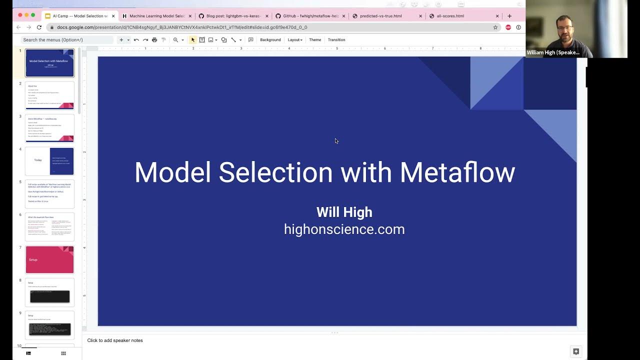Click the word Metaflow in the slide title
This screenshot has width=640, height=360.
click(457, 172)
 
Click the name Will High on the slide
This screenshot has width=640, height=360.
click(344, 212)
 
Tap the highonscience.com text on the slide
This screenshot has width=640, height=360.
click(344, 229)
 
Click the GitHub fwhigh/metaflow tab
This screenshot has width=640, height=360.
click(310, 16)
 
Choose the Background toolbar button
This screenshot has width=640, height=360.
click(270, 40)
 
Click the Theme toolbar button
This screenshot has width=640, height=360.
click(315, 40)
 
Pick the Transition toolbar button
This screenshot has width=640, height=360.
click(336, 40)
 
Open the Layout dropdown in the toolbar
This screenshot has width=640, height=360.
click(295, 40)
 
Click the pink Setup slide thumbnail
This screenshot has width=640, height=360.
click(49, 259)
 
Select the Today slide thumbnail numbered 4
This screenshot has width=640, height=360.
click(49, 161)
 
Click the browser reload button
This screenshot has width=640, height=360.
click(39, 27)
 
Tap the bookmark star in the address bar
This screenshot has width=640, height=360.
click(495, 27)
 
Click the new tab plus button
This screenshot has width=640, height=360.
click(509, 16)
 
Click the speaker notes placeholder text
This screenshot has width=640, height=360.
click(115, 340)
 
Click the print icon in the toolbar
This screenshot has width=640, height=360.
click(154, 40)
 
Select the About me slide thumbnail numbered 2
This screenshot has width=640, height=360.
click(49, 95)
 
